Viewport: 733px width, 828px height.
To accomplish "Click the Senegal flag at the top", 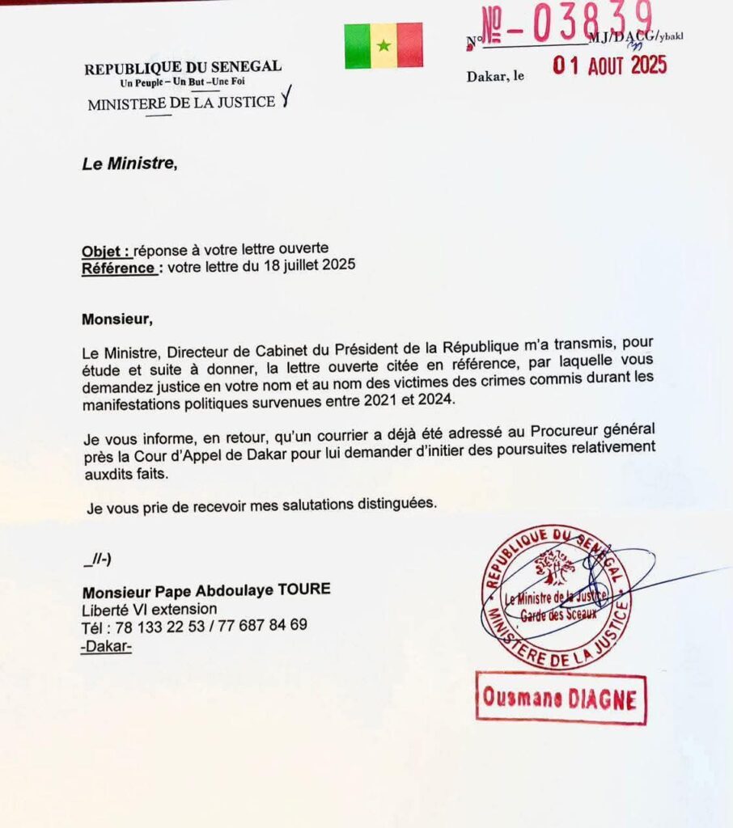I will click(383, 45).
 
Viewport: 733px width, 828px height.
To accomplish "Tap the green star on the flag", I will click(383, 46).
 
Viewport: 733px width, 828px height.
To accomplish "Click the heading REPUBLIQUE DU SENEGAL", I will click(183, 68).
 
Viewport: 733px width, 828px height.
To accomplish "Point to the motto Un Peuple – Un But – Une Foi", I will click(182, 82).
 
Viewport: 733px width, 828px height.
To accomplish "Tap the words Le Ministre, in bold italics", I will click(129, 164).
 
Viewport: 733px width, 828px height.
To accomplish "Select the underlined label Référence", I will click(119, 265).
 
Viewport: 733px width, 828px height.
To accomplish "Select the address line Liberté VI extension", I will click(149, 609).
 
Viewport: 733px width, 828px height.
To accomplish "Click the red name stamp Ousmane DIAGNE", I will click(560, 697).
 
